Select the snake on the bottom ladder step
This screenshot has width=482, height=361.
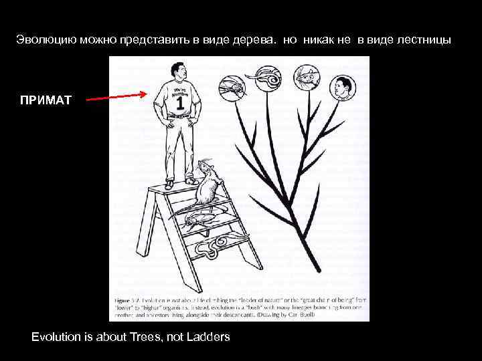point(214,248)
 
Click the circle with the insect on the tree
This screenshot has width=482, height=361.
point(230,88)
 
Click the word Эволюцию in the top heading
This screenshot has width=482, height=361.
point(46,40)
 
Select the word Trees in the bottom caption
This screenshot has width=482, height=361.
point(148,337)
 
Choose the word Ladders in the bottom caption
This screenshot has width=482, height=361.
point(208,337)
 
